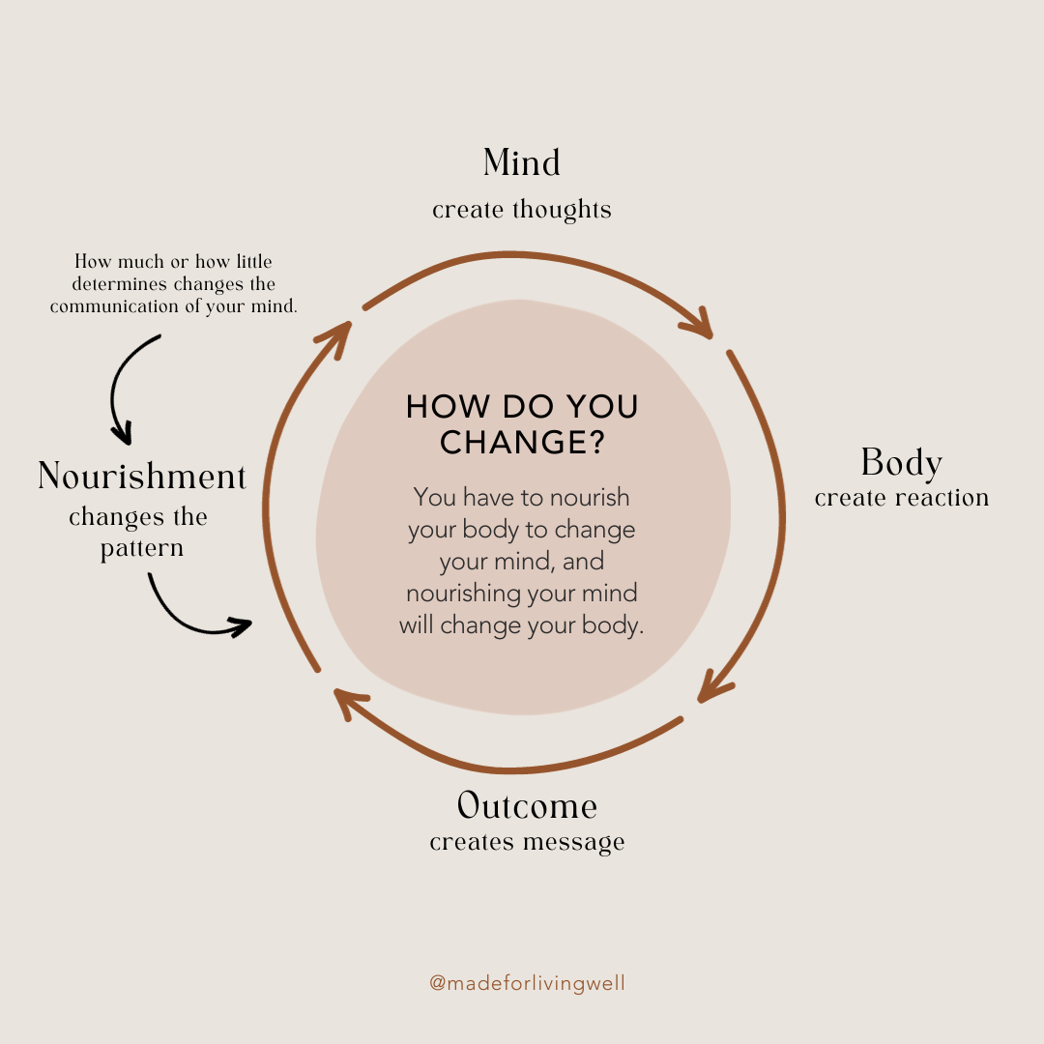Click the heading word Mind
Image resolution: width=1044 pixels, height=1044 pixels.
pos(522,163)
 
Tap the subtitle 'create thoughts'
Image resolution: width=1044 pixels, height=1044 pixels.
pos(522,210)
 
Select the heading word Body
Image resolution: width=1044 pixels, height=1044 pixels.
pos(901,463)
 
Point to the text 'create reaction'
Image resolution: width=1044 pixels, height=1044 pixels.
pos(901,499)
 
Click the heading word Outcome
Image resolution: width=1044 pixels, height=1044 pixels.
pos(527,805)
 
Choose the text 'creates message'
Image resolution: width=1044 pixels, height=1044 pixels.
pos(527,842)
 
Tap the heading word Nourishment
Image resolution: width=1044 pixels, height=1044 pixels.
pos(142,477)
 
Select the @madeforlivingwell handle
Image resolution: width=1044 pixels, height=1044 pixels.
pos(527,983)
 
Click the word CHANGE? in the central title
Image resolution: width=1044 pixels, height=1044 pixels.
pos(522,442)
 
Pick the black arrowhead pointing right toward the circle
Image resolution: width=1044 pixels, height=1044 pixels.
pos(242,626)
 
